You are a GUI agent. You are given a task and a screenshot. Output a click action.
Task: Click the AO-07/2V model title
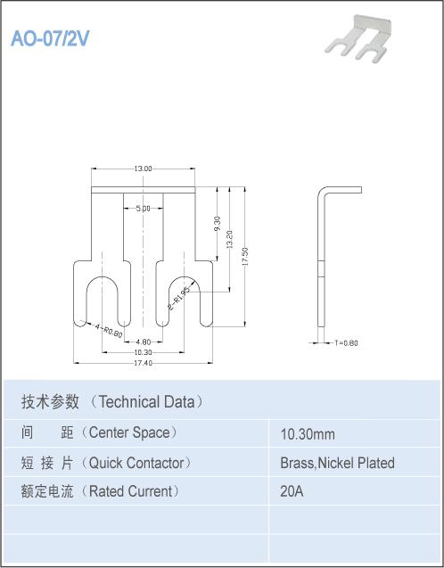pos(50,38)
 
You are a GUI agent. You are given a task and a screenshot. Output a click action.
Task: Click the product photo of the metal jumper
pos(358,39)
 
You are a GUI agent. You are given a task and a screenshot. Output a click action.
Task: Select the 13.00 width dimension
pos(143,169)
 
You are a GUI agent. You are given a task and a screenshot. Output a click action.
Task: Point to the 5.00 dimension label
pos(143,209)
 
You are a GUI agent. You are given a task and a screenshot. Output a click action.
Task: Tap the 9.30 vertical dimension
pos(218,224)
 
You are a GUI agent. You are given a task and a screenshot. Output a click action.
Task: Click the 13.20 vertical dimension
pos(229,239)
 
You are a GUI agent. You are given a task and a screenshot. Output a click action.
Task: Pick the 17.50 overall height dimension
pos(245,257)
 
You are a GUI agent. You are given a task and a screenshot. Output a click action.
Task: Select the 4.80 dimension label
pos(143,342)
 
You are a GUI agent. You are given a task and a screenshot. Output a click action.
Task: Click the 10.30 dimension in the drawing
pos(143,352)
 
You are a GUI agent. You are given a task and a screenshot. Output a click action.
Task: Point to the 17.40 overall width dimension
pos(143,363)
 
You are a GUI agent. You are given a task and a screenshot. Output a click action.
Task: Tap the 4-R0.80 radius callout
pos(109,331)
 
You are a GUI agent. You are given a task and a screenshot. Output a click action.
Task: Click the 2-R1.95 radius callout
pos(179,300)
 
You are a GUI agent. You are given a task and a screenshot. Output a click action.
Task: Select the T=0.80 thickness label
pos(346,342)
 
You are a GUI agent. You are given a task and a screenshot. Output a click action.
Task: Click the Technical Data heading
pos(112,402)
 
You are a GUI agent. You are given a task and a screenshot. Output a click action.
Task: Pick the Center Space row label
pos(100,432)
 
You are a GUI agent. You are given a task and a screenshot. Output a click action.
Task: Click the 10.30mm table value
pos(308,434)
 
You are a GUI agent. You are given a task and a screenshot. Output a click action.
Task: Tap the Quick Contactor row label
pos(106,463)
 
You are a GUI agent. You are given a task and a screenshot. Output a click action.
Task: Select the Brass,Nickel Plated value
pos(338,463)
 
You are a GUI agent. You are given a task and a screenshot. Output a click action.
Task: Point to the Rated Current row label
pos(101,491)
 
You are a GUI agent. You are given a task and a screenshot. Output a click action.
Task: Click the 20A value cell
pos(292,491)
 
